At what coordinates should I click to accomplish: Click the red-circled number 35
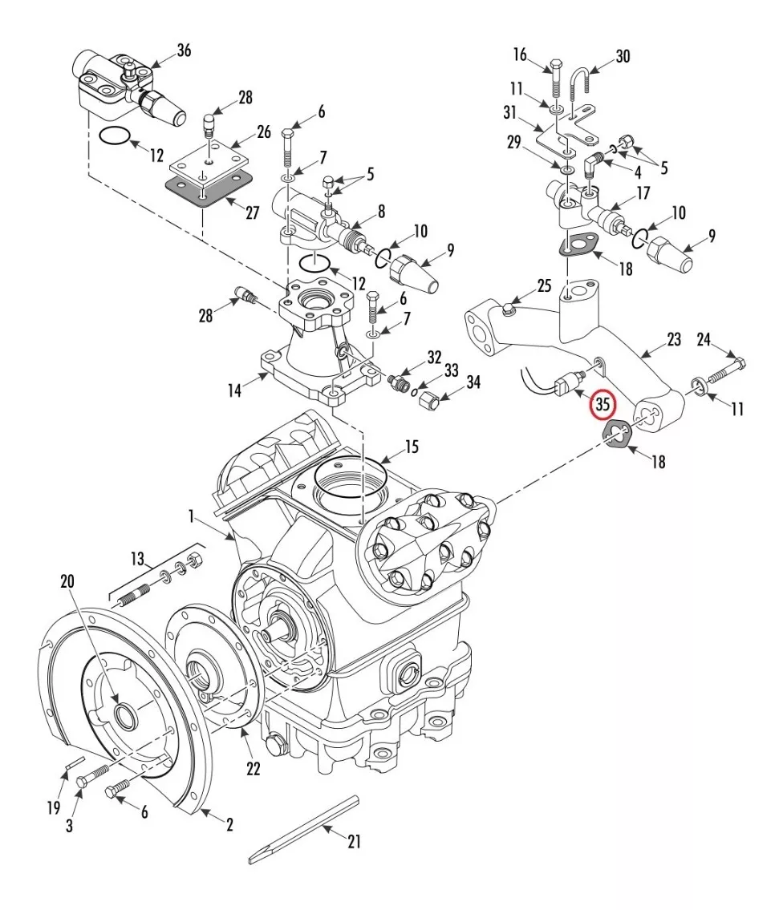(602, 403)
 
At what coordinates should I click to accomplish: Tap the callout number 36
(184, 51)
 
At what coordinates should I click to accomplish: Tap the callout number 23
(673, 339)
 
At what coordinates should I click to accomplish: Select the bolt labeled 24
(725, 371)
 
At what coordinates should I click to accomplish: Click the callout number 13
(137, 559)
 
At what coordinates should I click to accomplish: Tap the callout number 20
(67, 581)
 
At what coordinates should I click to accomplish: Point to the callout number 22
(254, 768)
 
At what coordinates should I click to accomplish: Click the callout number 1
(190, 516)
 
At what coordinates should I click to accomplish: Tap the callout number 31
(509, 112)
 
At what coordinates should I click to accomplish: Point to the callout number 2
(229, 824)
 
